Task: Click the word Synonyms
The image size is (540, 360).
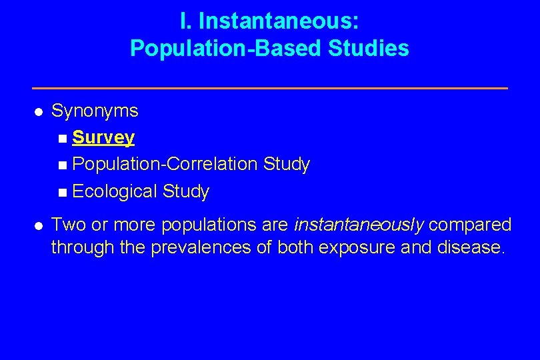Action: [95, 111]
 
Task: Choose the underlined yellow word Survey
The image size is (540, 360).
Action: [103, 138]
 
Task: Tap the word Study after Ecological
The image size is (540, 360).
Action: [186, 192]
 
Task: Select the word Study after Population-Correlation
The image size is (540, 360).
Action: [287, 165]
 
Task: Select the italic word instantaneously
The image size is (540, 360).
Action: [359, 225]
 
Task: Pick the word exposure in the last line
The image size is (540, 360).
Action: [357, 248]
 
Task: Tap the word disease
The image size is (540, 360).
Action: [471, 248]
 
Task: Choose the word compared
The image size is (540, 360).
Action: [469, 225]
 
